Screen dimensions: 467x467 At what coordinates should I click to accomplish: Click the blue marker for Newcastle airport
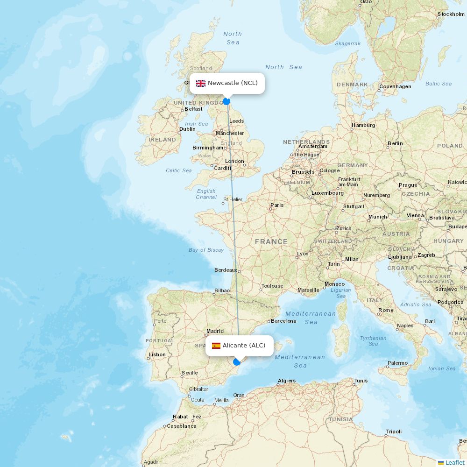(226, 101)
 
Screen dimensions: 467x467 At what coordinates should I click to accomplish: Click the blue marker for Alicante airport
(237, 361)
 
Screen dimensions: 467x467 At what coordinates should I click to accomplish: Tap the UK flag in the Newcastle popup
(201, 83)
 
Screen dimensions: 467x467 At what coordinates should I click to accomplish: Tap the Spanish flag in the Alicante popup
(216, 346)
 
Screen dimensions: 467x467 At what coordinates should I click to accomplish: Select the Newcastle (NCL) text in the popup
(233, 83)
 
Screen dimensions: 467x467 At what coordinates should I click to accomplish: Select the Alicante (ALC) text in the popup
(244, 346)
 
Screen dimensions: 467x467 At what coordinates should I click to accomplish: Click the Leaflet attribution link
(454, 462)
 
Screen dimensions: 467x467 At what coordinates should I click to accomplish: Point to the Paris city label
(277, 205)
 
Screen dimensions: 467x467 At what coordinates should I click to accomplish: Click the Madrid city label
(215, 332)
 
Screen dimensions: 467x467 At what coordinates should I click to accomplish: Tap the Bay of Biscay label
(206, 250)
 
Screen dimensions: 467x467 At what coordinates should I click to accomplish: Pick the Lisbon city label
(157, 354)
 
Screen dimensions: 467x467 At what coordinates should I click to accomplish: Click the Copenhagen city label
(395, 86)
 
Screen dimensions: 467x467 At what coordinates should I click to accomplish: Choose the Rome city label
(386, 310)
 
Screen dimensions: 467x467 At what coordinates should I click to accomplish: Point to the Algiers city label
(286, 381)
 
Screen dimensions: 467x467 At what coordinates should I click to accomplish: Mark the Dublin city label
(187, 129)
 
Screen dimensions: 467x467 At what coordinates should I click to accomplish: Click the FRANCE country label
(271, 241)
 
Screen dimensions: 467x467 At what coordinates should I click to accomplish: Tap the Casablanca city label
(182, 426)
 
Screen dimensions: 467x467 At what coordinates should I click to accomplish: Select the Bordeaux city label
(226, 270)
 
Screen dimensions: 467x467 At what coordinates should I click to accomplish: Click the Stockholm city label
(451, 14)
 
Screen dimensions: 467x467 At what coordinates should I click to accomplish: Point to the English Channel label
(206, 194)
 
